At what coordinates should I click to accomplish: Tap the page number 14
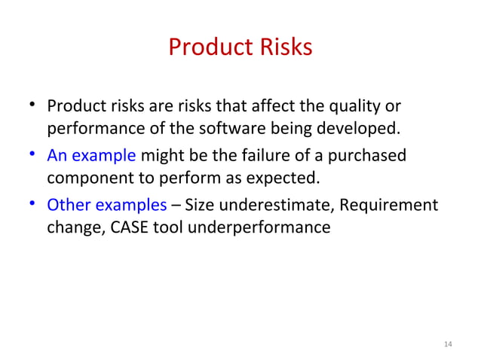coord(448,344)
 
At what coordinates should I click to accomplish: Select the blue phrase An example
coord(91,156)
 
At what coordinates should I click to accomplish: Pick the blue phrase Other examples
coord(106,205)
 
